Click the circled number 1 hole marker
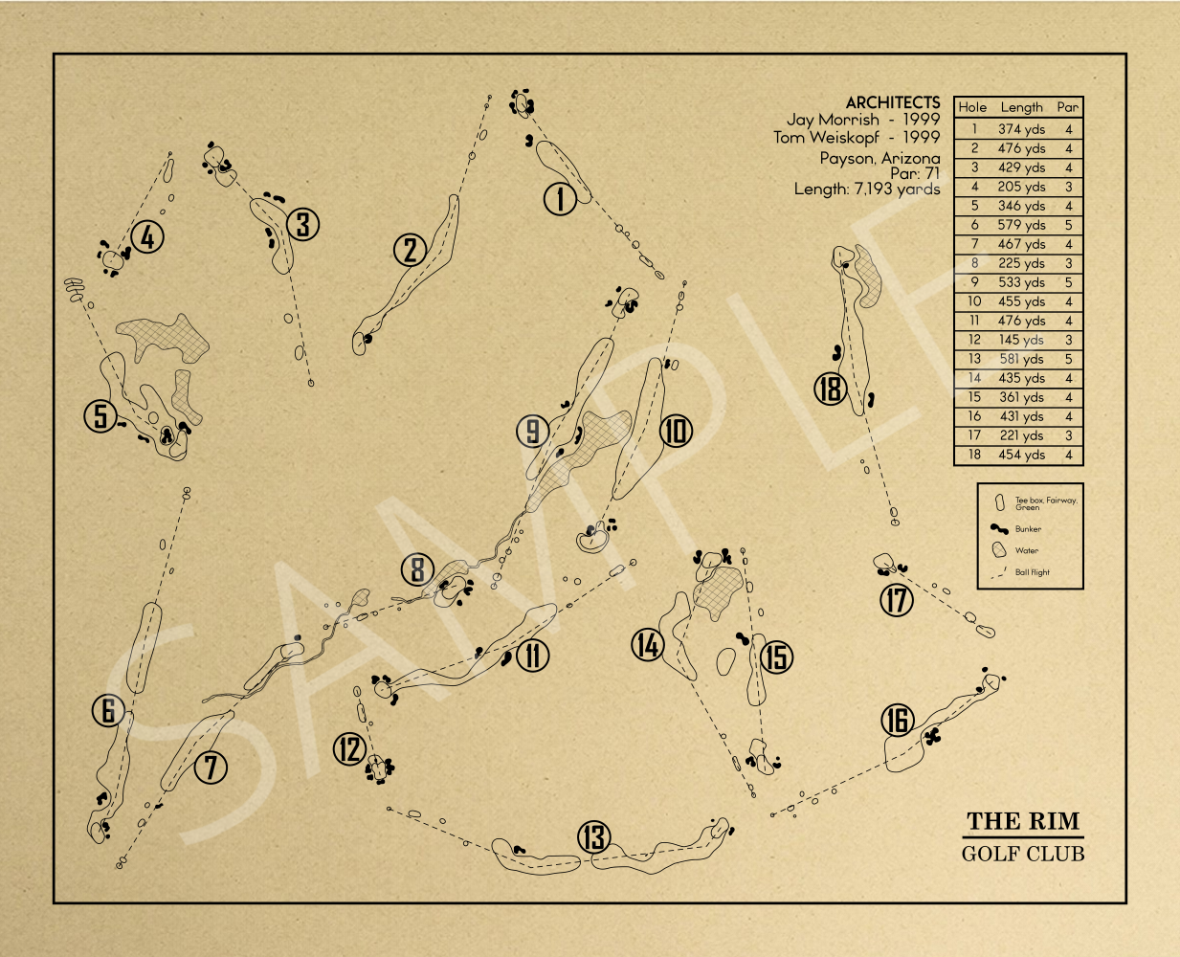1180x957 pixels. tap(560, 199)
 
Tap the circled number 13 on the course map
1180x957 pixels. tap(594, 836)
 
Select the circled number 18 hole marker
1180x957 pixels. tap(831, 389)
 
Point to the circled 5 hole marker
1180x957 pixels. tap(100, 416)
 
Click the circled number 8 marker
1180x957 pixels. tap(417, 569)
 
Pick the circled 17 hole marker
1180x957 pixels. tap(897, 600)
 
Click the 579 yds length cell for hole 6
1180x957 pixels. tap(1021, 225)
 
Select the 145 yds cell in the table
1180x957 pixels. tap(1021, 340)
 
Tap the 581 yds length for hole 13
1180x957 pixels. tap(1021, 359)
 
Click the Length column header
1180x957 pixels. tap(1021, 107)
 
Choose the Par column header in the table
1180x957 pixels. tap(1067, 107)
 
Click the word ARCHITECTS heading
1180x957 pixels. tap(893, 102)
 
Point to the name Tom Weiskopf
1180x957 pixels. tap(826, 138)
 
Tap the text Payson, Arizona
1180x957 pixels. tap(879, 159)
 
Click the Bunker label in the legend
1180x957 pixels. tap(1028, 529)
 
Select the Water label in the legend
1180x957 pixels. tap(1027, 550)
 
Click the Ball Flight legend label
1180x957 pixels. tap(1032, 572)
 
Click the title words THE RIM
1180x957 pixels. tap(1023, 821)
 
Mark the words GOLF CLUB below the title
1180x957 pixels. tap(1023, 854)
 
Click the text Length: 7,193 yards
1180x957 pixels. tap(867, 189)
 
